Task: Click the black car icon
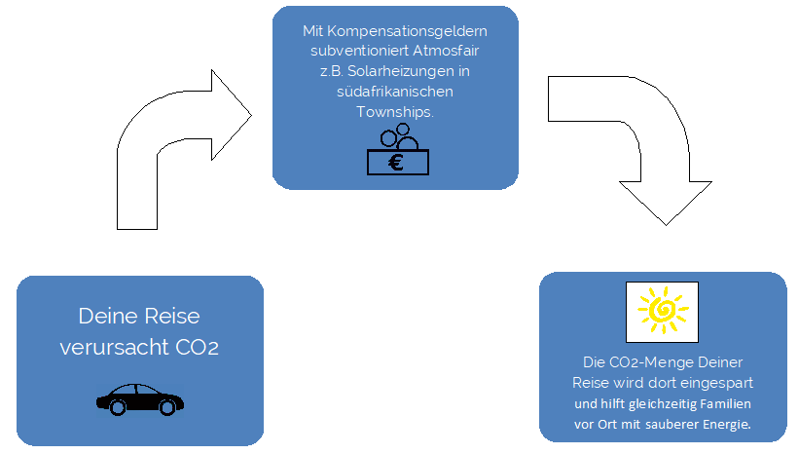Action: click(x=140, y=397)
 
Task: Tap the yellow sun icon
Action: click(x=662, y=309)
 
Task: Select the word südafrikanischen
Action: click(x=394, y=93)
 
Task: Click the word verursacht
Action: click(x=111, y=347)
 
